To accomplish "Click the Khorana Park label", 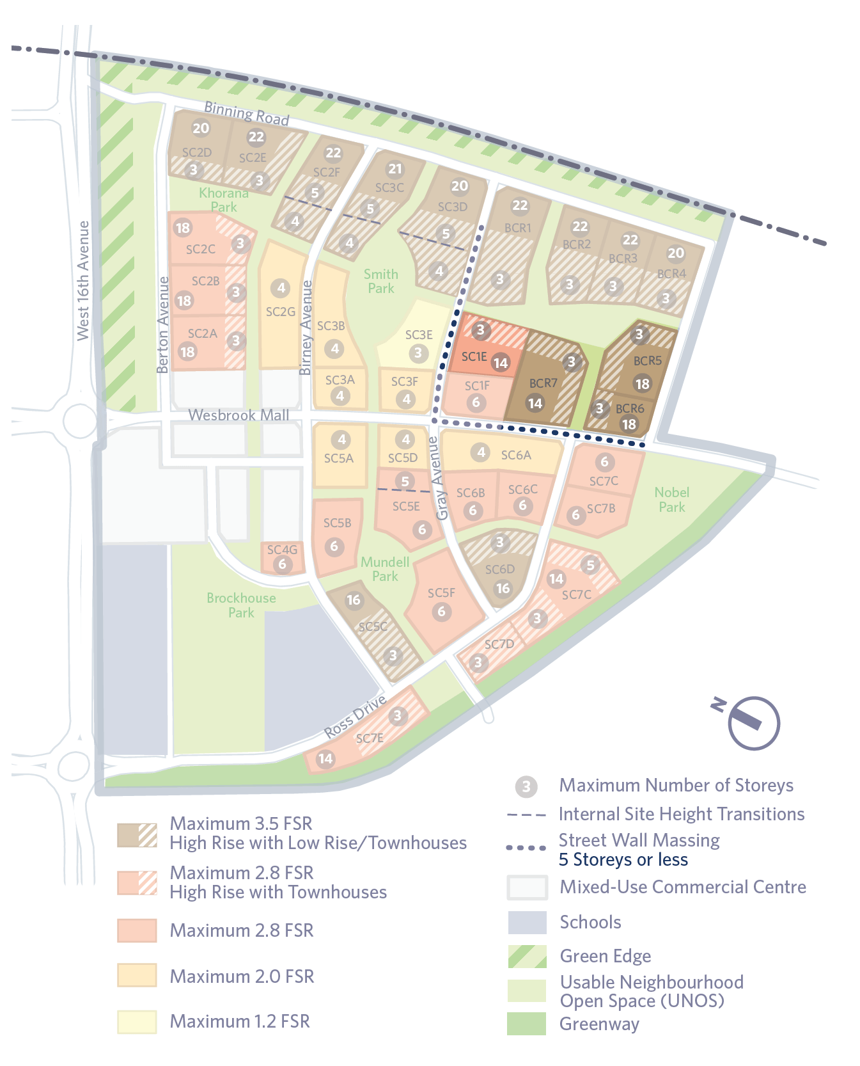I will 223,200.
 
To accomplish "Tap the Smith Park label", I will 381,281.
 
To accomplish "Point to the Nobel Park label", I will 672,500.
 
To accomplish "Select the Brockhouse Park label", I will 241,605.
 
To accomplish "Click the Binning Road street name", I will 246,114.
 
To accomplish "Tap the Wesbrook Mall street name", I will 238,415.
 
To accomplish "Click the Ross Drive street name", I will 356,716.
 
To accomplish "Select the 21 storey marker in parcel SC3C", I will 395,169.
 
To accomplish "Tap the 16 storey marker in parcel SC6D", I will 503,588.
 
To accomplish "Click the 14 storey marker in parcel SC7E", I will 325,759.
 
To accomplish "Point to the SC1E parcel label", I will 474,356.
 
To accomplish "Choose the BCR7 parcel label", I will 543,383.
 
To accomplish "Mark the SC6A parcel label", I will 516,455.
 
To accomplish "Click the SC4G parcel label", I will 282,550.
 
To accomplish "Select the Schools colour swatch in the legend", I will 528,923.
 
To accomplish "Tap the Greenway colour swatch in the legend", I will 527,1023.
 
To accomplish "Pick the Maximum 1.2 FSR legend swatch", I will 137,1021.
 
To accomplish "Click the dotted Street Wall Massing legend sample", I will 526,848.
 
